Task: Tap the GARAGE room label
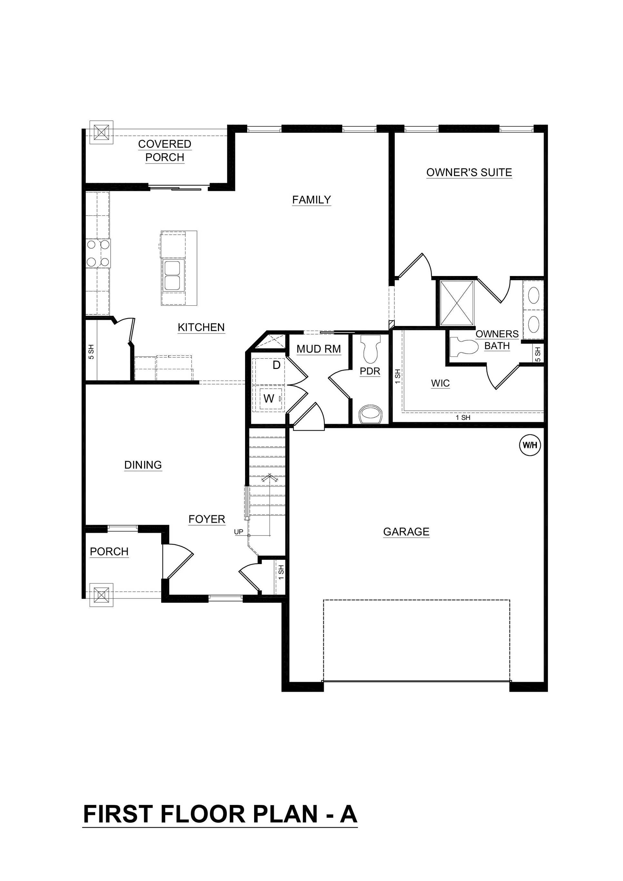(x=406, y=531)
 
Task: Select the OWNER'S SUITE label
(x=469, y=172)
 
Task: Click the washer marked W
(x=269, y=399)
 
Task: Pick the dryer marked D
(x=276, y=365)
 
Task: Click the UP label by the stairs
(x=239, y=532)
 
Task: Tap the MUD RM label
(x=318, y=349)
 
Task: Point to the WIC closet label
(x=440, y=383)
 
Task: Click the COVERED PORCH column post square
(x=101, y=133)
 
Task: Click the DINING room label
(x=143, y=465)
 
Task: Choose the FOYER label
(x=206, y=519)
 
